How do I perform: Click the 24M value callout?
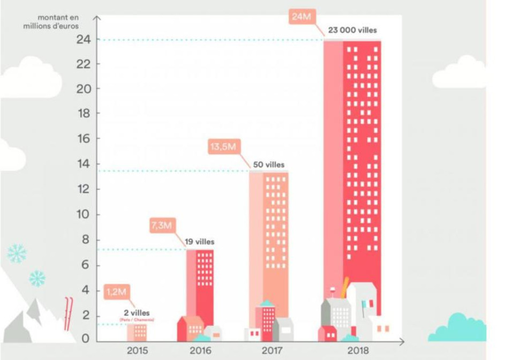tap(301, 17)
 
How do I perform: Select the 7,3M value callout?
tap(161, 226)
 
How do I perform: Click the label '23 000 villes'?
tap(352, 31)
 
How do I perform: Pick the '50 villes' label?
tap(269, 164)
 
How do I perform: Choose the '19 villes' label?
tap(199, 242)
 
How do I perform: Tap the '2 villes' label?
tap(137, 312)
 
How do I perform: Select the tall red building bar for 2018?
tap(362, 161)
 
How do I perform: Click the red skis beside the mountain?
tap(67, 313)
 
